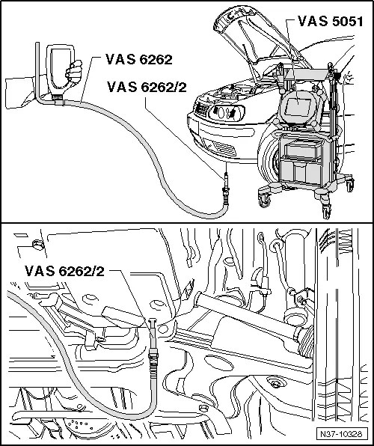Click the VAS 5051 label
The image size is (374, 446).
(x=330, y=22)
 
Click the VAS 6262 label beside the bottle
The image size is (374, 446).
(x=139, y=59)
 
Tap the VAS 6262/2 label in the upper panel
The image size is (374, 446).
(x=147, y=87)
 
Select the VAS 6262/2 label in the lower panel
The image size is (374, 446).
(x=64, y=271)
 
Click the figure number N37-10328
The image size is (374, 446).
(x=341, y=434)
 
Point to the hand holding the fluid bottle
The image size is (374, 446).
(x=73, y=72)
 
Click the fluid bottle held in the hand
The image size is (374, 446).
(x=60, y=70)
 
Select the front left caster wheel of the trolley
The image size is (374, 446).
(x=265, y=200)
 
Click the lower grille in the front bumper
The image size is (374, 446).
(x=224, y=148)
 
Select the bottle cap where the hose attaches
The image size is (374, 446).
(x=58, y=98)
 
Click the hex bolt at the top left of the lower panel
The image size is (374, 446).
(x=37, y=245)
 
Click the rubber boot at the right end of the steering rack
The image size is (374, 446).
(x=305, y=343)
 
